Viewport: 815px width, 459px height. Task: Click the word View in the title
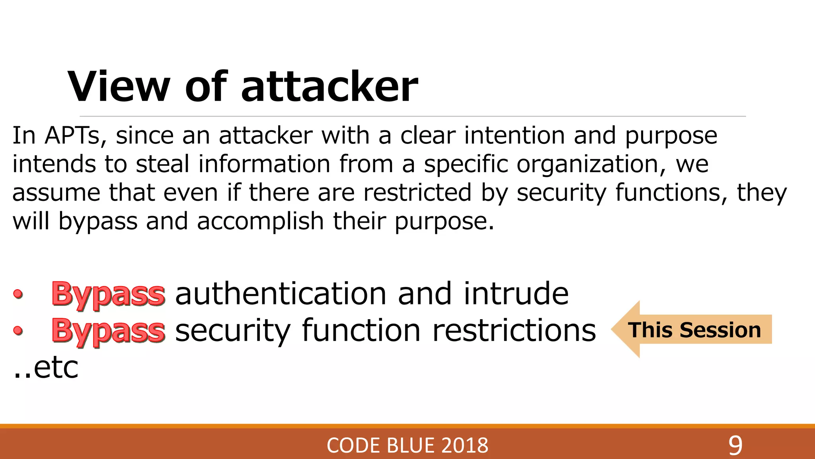pos(119,86)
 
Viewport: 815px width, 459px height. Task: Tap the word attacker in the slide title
pos(329,86)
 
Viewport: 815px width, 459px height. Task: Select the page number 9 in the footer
pos(735,445)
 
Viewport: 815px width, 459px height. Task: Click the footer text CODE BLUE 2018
pos(407,445)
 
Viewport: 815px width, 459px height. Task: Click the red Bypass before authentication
pos(108,294)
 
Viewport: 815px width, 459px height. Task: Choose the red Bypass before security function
pos(108,331)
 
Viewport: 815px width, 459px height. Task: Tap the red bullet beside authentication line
pos(18,294)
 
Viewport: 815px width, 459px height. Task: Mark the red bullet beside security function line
pos(18,330)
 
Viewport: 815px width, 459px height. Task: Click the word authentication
pos(281,294)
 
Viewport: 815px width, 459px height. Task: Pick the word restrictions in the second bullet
pos(514,331)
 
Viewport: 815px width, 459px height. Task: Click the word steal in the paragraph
pos(162,164)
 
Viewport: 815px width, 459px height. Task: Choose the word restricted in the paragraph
pos(417,193)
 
